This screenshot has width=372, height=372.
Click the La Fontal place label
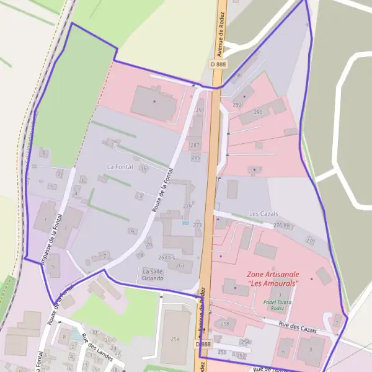(x=120, y=167)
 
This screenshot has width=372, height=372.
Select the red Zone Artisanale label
(x=273, y=278)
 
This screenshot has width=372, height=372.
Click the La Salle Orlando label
(x=153, y=275)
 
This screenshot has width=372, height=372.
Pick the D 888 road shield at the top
(x=218, y=64)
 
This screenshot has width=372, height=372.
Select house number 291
(x=200, y=110)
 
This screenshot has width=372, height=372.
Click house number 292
(x=237, y=105)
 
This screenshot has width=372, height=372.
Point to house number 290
(x=258, y=112)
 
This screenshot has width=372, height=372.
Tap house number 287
(x=195, y=146)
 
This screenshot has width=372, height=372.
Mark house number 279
(x=187, y=206)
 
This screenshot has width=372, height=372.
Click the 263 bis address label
(x=166, y=257)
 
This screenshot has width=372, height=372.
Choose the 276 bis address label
(x=282, y=226)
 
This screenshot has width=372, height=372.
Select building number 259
(x=175, y=339)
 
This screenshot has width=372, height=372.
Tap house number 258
(x=224, y=324)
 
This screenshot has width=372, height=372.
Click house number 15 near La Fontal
(x=144, y=168)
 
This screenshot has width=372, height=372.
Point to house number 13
(x=139, y=196)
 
